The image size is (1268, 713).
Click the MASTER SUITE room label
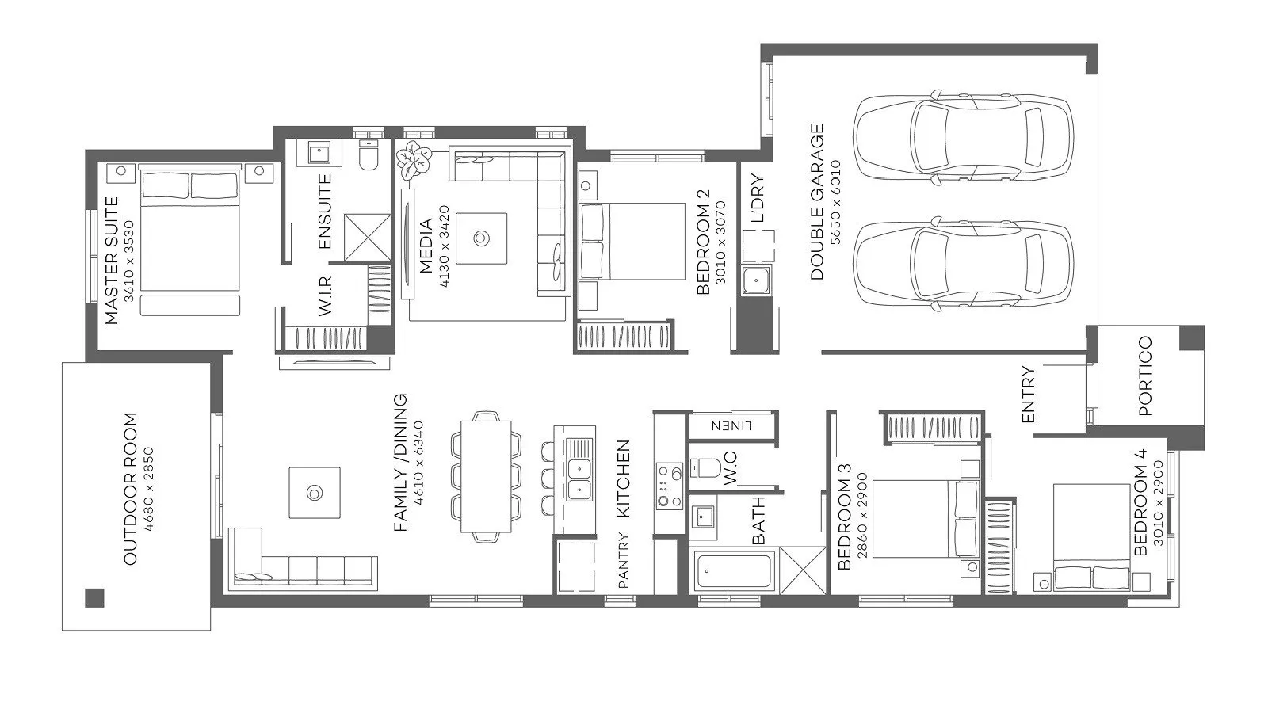(x=112, y=261)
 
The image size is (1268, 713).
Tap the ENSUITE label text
(x=324, y=211)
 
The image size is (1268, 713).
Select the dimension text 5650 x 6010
(x=835, y=203)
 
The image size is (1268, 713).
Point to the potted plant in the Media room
(x=413, y=159)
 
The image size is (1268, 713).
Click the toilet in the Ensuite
(x=369, y=155)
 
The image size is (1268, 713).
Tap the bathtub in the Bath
(x=735, y=571)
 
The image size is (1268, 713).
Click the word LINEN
(x=731, y=425)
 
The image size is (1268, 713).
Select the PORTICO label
(x=1144, y=376)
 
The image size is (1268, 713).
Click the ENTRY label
(x=1028, y=395)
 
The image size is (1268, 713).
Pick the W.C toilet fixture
(x=703, y=468)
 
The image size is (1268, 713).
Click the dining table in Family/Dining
(x=486, y=476)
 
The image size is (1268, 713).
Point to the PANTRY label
(x=623, y=559)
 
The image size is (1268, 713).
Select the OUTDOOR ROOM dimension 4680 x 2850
(x=148, y=490)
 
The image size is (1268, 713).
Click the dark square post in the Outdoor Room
(x=94, y=598)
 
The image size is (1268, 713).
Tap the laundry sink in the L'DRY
(x=756, y=280)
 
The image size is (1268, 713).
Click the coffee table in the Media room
(x=481, y=238)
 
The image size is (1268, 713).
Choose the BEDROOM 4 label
(x=1140, y=502)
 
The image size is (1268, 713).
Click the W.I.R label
(x=326, y=296)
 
